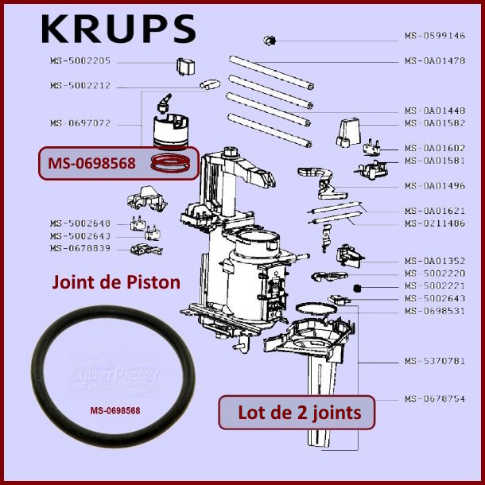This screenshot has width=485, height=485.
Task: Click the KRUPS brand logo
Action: coord(118,29)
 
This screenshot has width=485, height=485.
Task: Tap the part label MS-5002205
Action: coord(80,61)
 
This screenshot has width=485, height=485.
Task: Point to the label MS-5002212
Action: coord(80,85)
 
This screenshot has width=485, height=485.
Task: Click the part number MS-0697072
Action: coord(80,123)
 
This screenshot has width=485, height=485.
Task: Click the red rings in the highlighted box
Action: coord(171,165)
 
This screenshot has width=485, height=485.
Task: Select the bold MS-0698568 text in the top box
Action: coord(91,164)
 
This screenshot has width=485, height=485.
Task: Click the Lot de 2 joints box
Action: coord(295,413)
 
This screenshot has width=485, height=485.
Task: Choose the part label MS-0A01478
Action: coord(435,60)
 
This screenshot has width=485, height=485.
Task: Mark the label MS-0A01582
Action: coord(435,122)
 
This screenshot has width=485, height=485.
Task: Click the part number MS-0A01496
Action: coord(435,185)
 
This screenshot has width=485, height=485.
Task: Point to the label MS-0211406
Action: coord(435,223)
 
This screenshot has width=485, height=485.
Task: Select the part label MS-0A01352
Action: coord(435,261)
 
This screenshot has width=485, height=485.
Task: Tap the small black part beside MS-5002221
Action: coord(357,286)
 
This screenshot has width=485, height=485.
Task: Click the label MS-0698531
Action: coord(435,311)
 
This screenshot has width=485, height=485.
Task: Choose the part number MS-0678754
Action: coord(435,398)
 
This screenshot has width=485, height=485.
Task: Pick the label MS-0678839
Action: coord(80,248)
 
